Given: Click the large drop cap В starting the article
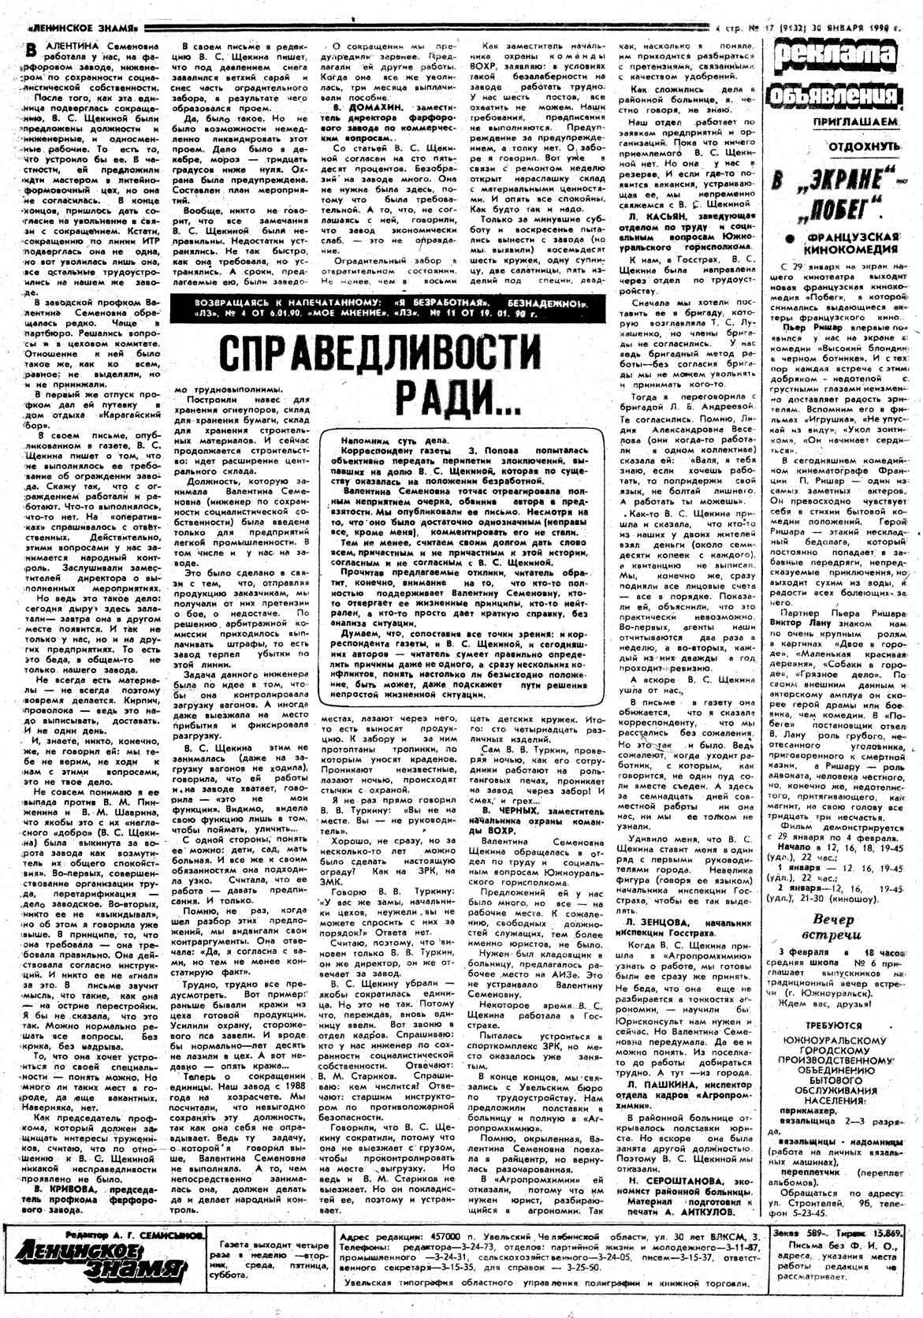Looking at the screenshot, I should pyautogui.click(x=30, y=49).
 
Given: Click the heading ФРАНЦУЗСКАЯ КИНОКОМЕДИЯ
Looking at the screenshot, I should pyautogui.click(x=848, y=243).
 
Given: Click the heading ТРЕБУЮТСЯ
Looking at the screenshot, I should pyautogui.click(x=843, y=1029).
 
